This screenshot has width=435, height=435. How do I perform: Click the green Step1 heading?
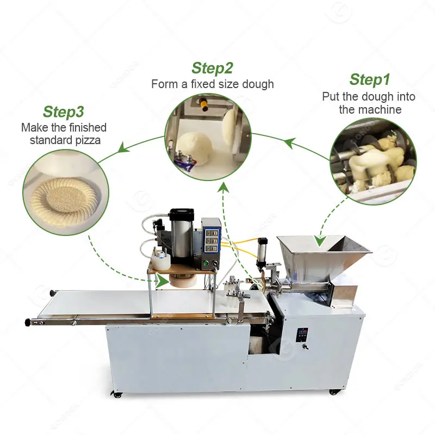[370, 79]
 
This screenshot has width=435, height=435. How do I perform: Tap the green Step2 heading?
[212, 69]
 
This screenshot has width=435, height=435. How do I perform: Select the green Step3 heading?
[63, 112]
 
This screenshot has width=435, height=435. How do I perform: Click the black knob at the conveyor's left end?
[28, 323]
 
